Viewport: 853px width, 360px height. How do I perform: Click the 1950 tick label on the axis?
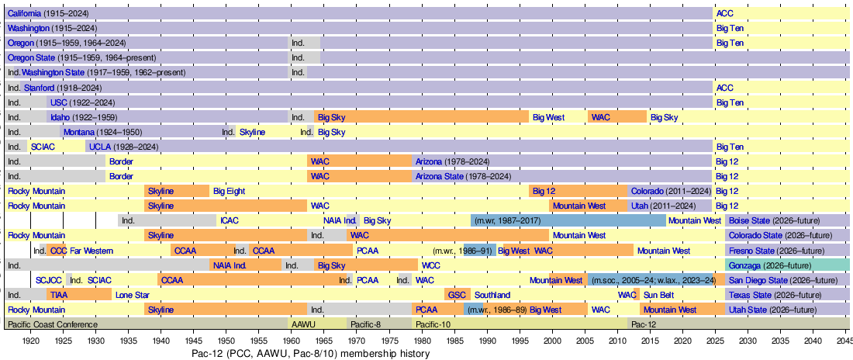pos(226,340)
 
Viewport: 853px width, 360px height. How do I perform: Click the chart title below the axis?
pos(310,354)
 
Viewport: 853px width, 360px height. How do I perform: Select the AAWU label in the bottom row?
pos(302,324)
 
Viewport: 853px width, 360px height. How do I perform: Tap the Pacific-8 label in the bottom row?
pos(365,324)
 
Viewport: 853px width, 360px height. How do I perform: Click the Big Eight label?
pos(230,191)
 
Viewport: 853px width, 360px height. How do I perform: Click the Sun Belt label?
pos(659,295)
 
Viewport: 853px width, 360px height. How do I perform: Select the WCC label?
pos(431,265)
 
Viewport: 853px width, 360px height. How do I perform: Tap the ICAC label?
pos(230,221)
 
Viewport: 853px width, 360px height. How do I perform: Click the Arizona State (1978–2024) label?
pos(463,176)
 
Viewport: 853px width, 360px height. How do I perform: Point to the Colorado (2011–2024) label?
pos(671,191)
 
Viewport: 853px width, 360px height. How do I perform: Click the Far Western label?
pos(92,251)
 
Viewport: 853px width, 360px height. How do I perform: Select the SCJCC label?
pos(49,280)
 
